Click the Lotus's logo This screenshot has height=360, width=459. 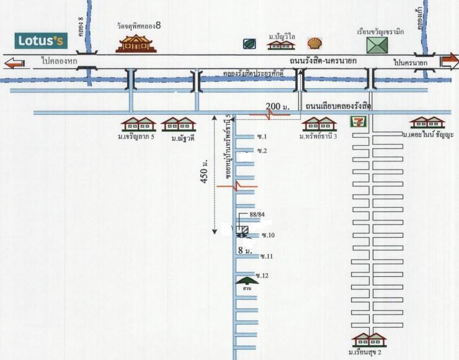41,42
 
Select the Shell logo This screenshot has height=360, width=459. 315,43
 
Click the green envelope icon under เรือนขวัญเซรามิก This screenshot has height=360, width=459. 377,45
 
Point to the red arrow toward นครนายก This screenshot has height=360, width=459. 449,61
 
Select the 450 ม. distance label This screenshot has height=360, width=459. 204,173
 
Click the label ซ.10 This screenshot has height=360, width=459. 268,235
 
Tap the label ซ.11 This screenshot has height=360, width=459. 267,256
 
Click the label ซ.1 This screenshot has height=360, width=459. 261,136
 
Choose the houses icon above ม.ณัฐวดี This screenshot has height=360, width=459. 179,124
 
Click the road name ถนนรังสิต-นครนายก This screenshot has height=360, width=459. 326,60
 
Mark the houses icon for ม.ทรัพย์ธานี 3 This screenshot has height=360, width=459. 319,124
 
